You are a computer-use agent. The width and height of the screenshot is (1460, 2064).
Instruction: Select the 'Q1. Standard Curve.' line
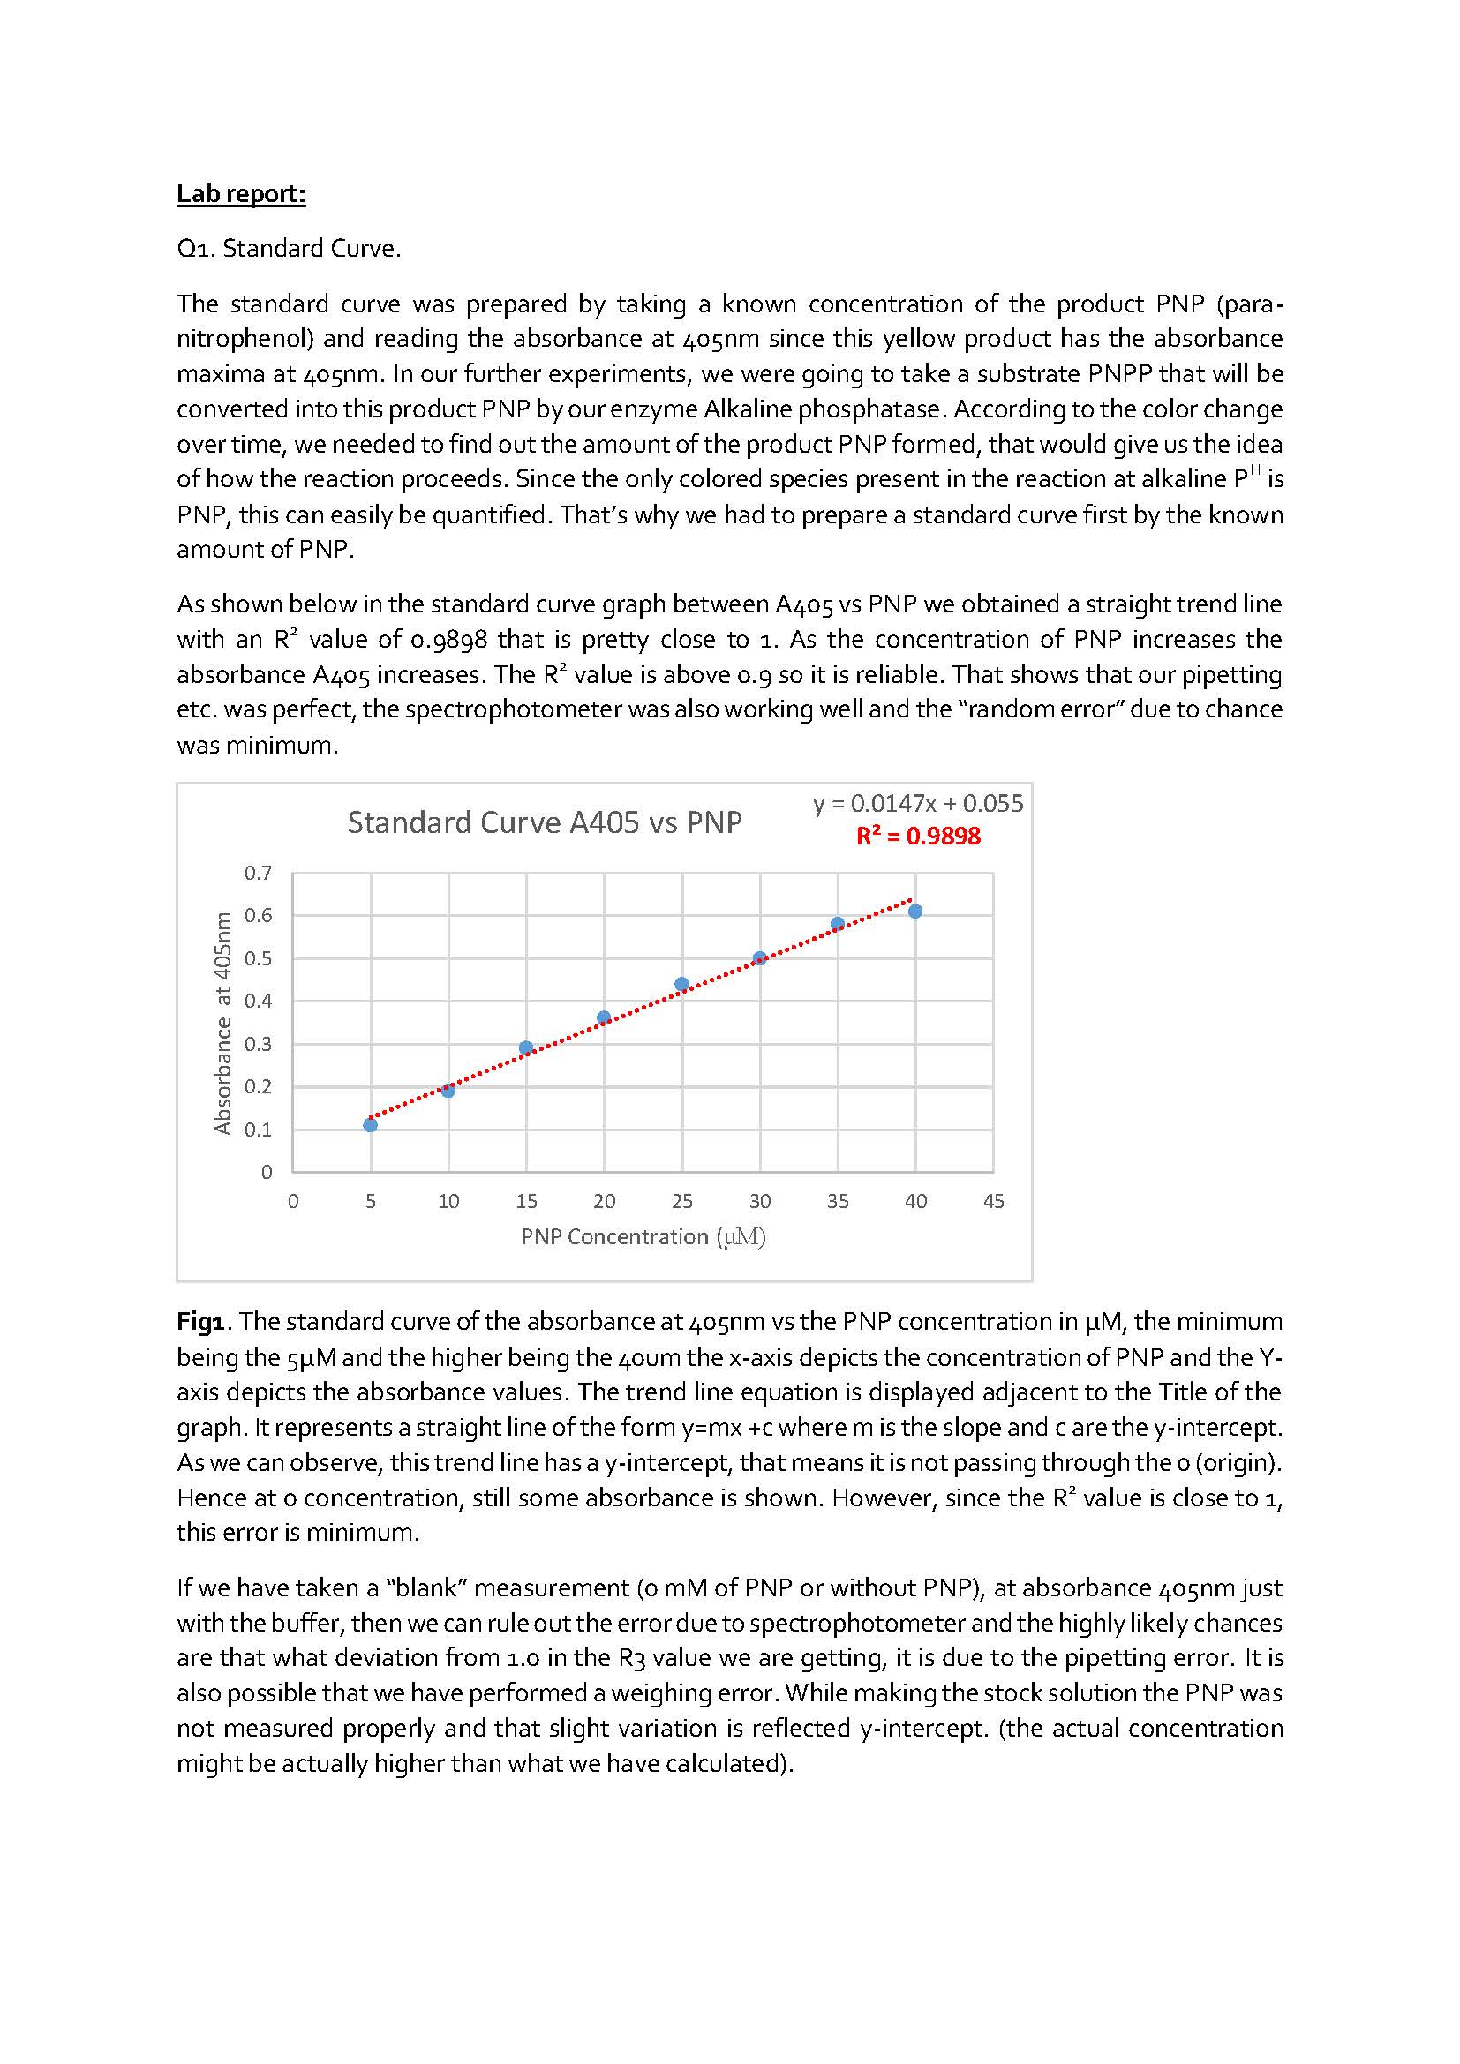(289, 248)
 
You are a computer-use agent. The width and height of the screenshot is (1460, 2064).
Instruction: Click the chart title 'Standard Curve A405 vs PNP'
(545, 822)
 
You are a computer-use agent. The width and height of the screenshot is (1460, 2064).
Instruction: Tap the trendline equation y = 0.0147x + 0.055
(918, 804)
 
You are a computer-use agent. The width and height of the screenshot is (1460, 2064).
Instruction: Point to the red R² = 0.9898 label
(918, 836)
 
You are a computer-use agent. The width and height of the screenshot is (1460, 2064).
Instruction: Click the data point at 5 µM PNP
(371, 1124)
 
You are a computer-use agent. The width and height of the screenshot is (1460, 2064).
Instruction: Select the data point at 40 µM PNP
(915, 912)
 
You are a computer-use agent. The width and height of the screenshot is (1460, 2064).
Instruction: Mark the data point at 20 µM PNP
(604, 1017)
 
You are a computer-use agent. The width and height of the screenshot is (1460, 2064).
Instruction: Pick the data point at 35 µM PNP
(838, 923)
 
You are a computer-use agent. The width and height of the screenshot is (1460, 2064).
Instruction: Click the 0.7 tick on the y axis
(258, 873)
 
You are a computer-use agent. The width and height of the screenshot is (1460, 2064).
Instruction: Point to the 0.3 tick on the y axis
(258, 1044)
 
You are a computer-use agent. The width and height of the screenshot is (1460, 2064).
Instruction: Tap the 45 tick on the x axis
(993, 1201)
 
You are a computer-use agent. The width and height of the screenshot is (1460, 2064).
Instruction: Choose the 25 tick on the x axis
(682, 1201)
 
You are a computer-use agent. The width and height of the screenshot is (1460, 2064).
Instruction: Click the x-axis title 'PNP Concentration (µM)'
(643, 1237)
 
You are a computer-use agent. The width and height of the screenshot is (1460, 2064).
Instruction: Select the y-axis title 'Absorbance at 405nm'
(222, 1023)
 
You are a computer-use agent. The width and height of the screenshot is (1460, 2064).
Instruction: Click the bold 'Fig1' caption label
(205, 1321)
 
